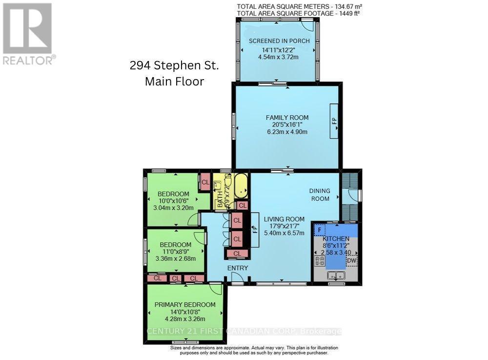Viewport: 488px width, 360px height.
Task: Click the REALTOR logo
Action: tap(27, 33)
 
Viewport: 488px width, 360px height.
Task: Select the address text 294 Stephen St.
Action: tap(174, 65)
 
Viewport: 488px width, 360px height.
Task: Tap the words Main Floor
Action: tap(174, 81)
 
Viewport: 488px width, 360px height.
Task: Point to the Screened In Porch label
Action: tap(279, 41)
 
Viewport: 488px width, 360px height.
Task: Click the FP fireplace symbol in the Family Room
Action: tap(335, 121)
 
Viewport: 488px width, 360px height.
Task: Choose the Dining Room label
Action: tap(320, 194)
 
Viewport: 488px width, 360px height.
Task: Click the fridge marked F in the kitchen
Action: tap(319, 229)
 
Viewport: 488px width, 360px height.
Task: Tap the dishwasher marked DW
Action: tap(351, 261)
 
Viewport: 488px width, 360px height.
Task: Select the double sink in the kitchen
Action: tap(336, 276)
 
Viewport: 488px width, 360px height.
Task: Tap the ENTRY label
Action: tap(238, 268)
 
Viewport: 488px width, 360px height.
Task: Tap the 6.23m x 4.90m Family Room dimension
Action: tap(286, 132)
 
